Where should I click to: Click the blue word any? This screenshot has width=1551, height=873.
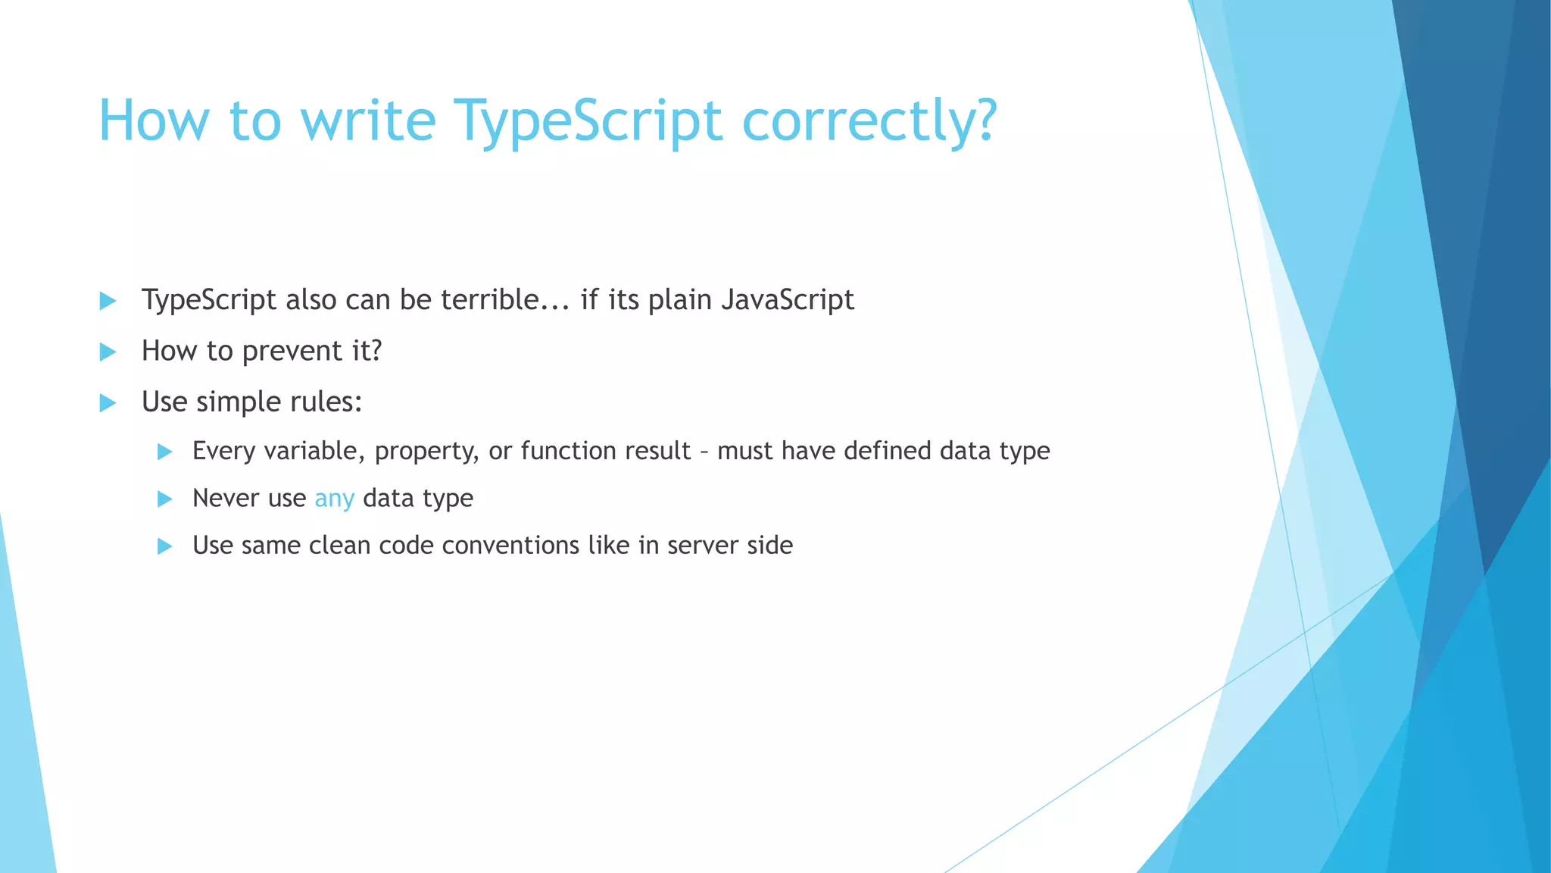click(334, 499)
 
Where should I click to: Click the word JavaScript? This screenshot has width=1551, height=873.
click(788, 300)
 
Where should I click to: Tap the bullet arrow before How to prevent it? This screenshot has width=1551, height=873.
click(108, 352)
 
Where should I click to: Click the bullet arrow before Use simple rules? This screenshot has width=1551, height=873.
click(108, 402)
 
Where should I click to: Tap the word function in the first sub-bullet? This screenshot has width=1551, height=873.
click(568, 451)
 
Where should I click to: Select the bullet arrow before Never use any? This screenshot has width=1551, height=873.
click(164, 499)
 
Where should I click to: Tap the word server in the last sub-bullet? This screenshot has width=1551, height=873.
click(702, 546)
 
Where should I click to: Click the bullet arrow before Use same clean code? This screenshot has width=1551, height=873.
click(164, 546)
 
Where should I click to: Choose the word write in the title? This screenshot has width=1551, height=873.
click(368, 121)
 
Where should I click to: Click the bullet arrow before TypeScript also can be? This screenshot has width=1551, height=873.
click(108, 301)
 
